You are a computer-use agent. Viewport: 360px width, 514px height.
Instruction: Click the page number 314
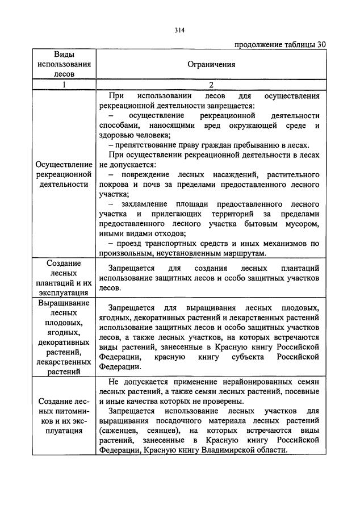pos(180,31)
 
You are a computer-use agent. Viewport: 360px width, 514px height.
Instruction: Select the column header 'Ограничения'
pos(211,65)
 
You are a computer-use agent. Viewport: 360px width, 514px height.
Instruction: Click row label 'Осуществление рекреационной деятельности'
pos(64,174)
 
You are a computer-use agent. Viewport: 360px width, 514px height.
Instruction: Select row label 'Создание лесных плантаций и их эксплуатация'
pos(64,278)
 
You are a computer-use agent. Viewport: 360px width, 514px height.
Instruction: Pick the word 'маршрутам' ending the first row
pos(249,253)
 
